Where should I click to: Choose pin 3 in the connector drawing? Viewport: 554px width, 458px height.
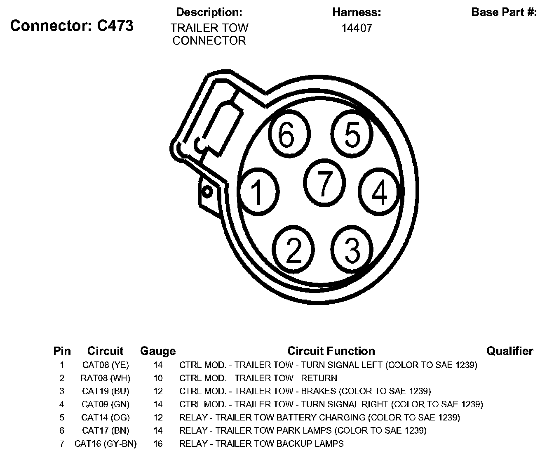point(352,250)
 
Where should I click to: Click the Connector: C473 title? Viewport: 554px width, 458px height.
point(72,26)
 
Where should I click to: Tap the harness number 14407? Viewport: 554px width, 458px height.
point(357,28)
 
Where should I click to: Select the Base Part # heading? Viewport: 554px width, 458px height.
point(504,12)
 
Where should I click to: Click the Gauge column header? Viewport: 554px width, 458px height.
point(158,351)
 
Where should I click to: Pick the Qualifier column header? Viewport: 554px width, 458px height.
point(509,351)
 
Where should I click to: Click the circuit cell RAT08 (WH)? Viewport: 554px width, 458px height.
point(106,378)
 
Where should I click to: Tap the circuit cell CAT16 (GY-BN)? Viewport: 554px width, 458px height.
point(106,444)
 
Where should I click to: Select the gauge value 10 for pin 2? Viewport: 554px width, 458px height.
point(158,378)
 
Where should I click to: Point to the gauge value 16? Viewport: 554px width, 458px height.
point(158,444)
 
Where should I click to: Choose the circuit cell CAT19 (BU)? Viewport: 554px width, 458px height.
point(106,391)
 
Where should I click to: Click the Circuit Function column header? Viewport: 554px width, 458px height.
point(331,351)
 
